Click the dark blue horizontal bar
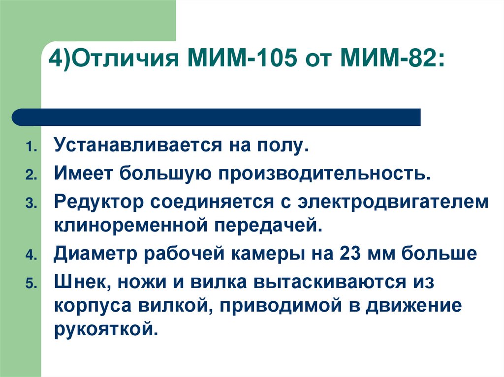click(217, 117)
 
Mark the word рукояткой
click(105, 330)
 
